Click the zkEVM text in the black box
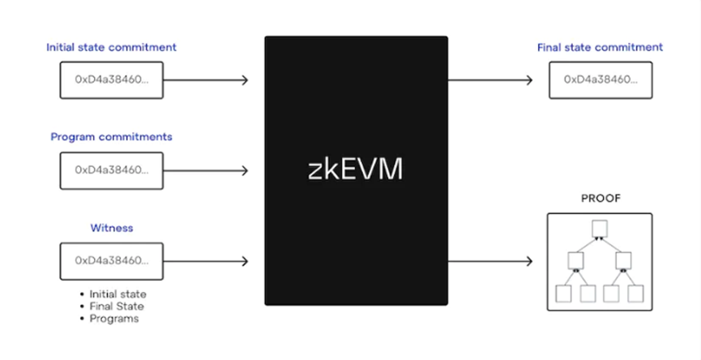[x=356, y=169]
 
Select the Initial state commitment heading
[x=111, y=47]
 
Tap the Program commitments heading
[x=111, y=137]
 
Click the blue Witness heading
[x=112, y=228]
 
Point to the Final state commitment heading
[x=600, y=47]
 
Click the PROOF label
[x=601, y=198]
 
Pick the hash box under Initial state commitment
[x=112, y=80]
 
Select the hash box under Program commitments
[x=112, y=170]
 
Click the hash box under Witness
[x=112, y=261]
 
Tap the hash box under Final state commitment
[x=601, y=80]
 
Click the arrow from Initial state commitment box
[x=206, y=80]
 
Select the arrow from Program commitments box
[x=206, y=170]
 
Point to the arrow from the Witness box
[x=206, y=261]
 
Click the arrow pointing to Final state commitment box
[x=490, y=80]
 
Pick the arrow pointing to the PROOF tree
[x=490, y=261]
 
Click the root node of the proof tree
[x=600, y=229]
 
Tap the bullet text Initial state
[x=118, y=294]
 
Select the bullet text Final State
[x=117, y=306]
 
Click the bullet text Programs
[x=114, y=319]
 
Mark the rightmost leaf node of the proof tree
[x=635, y=294]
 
